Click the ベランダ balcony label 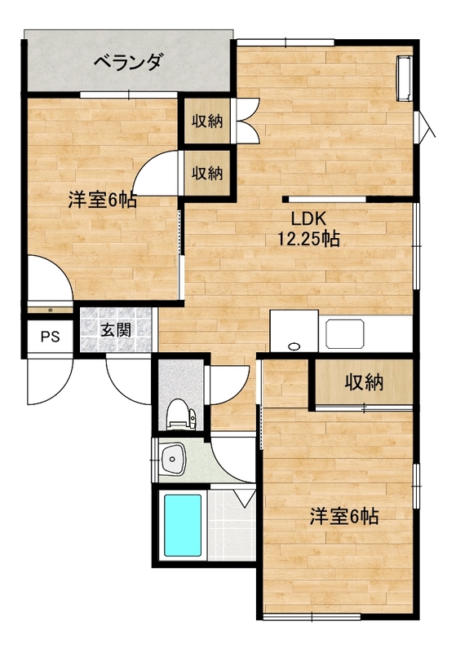point(127,63)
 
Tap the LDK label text point(308,218)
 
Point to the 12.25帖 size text point(308,238)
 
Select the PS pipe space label point(51,336)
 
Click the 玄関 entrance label point(116,330)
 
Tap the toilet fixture point(181,413)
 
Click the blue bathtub point(183,525)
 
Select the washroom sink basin point(175,459)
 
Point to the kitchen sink point(345,333)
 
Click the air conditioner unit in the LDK point(404,78)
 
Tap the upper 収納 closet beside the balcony point(206,121)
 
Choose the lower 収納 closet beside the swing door point(206,173)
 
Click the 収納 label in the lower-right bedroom point(364,382)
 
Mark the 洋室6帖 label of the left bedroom point(102,200)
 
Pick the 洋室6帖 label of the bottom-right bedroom point(343,517)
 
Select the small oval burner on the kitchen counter point(294,346)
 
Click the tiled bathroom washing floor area point(231,526)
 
